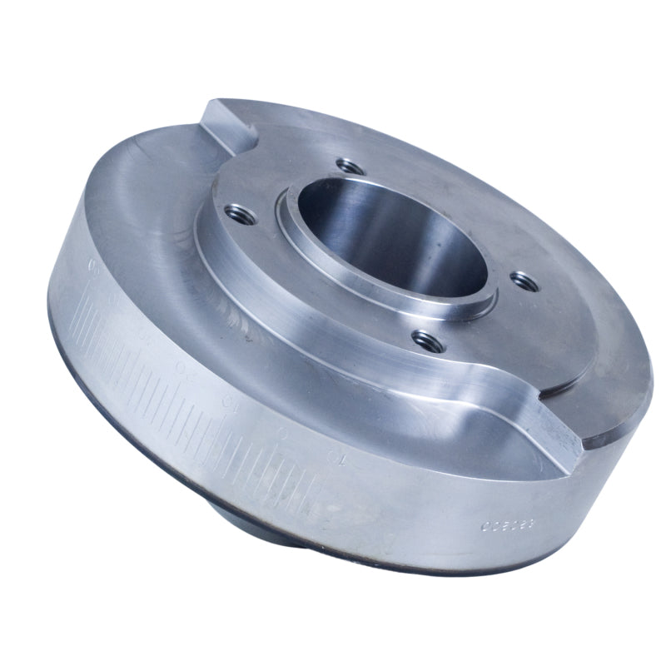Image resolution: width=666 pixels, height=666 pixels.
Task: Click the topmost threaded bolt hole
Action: (x=349, y=167)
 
